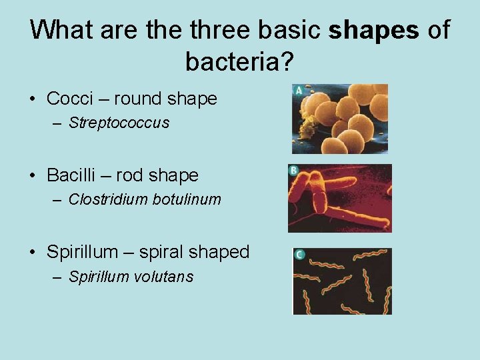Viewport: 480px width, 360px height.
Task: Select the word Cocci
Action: pos(70,99)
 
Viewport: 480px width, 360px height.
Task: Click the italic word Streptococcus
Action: pos(119,123)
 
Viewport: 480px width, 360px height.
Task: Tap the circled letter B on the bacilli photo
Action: pos(293,171)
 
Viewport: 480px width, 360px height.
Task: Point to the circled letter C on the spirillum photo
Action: pos(300,255)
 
